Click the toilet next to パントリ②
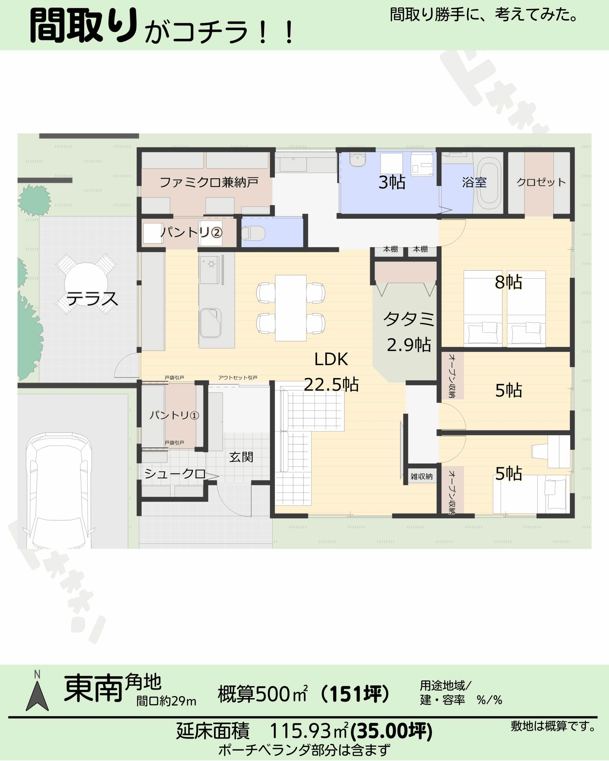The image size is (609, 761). click(x=253, y=233)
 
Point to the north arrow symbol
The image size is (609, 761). click(x=37, y=696)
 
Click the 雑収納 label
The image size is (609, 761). click(x=422, y=477)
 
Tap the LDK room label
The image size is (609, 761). click(x=331, y=359)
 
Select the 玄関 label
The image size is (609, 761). click(x=241, y=457)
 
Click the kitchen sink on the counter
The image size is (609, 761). click(x=211, y=323)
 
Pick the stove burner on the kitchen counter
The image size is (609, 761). click(x=211, y=264)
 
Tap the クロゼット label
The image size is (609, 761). click(x=541, y=182)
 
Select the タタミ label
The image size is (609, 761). click(x=409, y=319)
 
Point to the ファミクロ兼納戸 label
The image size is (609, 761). click(x=209, y=182)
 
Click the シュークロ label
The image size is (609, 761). click(x=175, y=474)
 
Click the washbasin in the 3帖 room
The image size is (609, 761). click(x=358, y=160)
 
